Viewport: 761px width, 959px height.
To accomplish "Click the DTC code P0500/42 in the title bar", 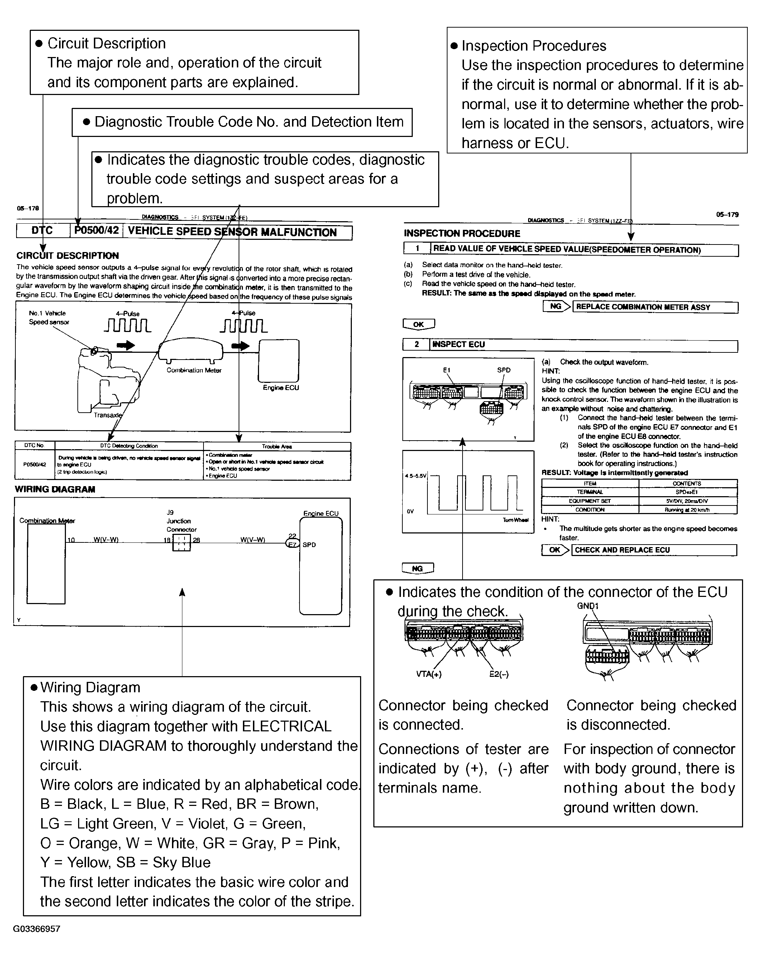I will [96, 231].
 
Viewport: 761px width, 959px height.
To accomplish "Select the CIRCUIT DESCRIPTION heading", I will [68, 256].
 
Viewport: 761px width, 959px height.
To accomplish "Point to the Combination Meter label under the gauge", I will [194, 370].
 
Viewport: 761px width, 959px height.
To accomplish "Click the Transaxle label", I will [107, 415].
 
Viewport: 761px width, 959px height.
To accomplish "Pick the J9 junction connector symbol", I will [181, 542].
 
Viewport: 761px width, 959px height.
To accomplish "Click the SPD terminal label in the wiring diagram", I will [309, 545].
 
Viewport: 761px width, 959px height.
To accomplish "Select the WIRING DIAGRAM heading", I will [55, 489].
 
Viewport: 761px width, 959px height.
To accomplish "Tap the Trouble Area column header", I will [277, 446].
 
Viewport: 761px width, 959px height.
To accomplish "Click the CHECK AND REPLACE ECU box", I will [654, 550].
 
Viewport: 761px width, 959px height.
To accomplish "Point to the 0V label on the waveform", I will [410, 512].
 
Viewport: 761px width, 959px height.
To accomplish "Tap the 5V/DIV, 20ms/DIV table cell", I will [687, 501].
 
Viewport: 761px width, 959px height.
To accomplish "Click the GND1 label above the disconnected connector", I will [588, 606].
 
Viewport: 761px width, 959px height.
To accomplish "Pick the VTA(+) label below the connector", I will [429, 674].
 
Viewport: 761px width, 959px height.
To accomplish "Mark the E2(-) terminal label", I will [499, 674].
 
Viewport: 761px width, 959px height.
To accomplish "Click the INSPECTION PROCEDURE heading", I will [462, 233].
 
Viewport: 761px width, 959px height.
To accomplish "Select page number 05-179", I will [727, 214].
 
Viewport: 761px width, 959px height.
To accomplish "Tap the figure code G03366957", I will [37, 929].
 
